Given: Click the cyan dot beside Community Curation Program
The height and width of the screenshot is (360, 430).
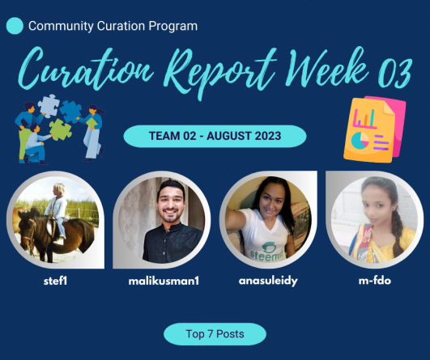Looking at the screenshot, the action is coord(15,26).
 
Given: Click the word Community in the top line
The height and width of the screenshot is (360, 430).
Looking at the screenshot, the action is coord(61,27).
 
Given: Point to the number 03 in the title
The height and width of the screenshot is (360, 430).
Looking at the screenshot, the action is coord(395,72).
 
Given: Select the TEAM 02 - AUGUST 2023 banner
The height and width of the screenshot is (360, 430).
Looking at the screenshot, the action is coord(215,136).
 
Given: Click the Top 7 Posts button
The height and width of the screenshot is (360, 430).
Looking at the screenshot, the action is coord(215,334).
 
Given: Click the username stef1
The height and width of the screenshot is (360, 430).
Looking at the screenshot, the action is coord(55,281).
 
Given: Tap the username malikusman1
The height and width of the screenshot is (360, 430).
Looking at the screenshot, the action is coord(164,281).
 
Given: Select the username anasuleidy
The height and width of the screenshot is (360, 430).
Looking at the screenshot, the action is coord(268,282).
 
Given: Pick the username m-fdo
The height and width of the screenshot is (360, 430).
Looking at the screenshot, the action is coord(375,281).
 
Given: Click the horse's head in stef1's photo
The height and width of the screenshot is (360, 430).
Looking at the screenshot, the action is coord(28,228).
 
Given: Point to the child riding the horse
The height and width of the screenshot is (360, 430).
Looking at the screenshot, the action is coord(57,211).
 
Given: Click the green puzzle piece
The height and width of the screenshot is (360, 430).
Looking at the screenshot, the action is coord(61,129).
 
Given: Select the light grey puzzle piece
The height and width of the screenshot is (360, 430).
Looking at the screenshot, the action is coord(49,106).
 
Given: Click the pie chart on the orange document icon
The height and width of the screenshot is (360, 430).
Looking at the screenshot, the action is coord(360,141).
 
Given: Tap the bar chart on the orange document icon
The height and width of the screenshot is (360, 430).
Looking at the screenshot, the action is coord(364,118).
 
